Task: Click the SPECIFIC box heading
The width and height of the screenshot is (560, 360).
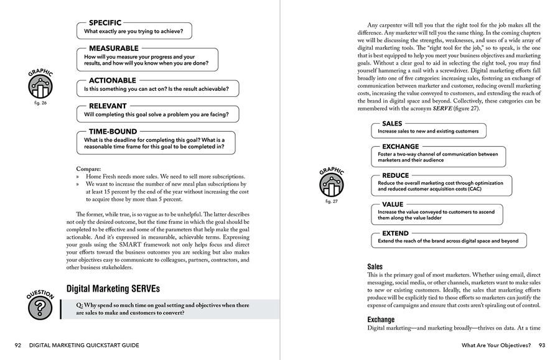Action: click(105, 23)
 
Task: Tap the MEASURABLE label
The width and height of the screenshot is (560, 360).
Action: click(113, 48)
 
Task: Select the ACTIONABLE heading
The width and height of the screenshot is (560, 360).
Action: click(112, 81)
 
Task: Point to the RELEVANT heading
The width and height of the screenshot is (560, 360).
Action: click(107, 106)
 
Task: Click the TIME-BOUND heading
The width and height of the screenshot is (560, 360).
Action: click(113, 132)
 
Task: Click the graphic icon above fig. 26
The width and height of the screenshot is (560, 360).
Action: click(40, 87)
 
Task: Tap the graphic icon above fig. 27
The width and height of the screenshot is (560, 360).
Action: click(332, 184)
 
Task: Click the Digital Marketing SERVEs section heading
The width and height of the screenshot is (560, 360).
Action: click(113, 288)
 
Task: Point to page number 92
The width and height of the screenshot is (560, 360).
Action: click(19, 346)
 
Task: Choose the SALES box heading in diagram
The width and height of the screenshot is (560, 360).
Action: click(392, 124)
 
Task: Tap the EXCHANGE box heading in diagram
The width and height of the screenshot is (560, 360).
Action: click(400, 147)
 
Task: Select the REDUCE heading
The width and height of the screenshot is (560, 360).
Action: click(395, 176)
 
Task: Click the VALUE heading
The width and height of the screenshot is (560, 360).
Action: click(392, 205)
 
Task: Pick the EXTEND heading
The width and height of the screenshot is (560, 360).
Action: click(395, 233)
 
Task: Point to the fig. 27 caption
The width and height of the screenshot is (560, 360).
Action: click(332, 202)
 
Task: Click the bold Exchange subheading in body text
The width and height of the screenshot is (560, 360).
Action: click(380, 320)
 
